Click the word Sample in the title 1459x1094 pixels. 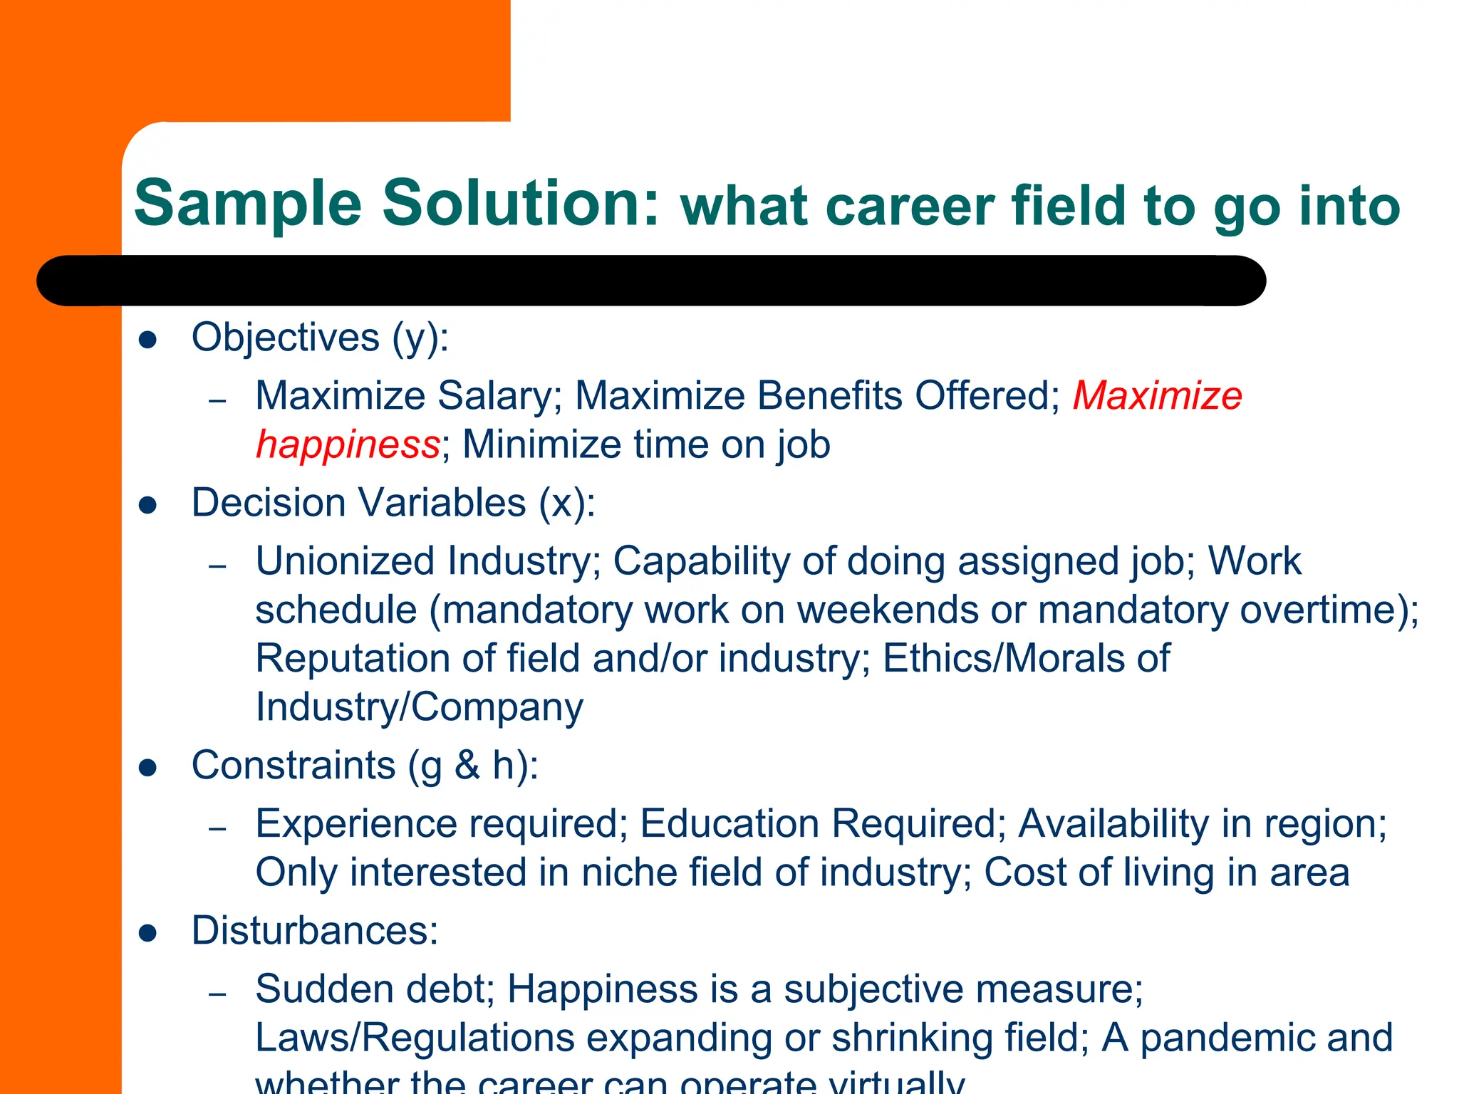click(x=248, y=204)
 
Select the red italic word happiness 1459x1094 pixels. click(x=348, y=444)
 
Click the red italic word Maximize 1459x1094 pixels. click(x=1157, y=395)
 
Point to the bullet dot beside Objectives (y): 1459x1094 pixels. click(x=148, y=340)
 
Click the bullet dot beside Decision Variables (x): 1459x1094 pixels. click(x=148, y=505)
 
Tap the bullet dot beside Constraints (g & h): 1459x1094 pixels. click(x=148, y=768)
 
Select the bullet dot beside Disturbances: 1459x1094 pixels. click(x=148, y=933)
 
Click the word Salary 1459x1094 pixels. click(x=494, y=395)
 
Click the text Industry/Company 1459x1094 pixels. click(x=419, y=707)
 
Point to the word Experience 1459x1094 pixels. click(x=356, y=824)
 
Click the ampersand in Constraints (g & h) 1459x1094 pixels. click(x=467, y=766)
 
